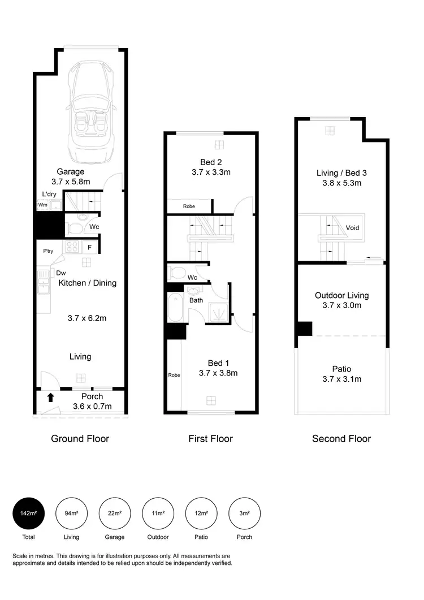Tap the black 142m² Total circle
tap(28, 513)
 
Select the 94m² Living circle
tap(71, 513)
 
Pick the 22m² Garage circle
tap(115, 513)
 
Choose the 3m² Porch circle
tap(244, 513)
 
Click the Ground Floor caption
tap(80, 438)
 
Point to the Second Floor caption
tap(341, 438)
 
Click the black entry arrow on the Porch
tap(50, 397)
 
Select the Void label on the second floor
tap(352, 228)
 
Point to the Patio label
tap(341, 369)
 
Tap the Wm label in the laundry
tap(43, 205)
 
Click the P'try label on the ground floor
tap(48, 251)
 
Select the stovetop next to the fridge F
tap(71, 247)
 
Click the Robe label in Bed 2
tap(189, 206)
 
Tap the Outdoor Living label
tap(341, 295)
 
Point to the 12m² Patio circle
tap(201, 513)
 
